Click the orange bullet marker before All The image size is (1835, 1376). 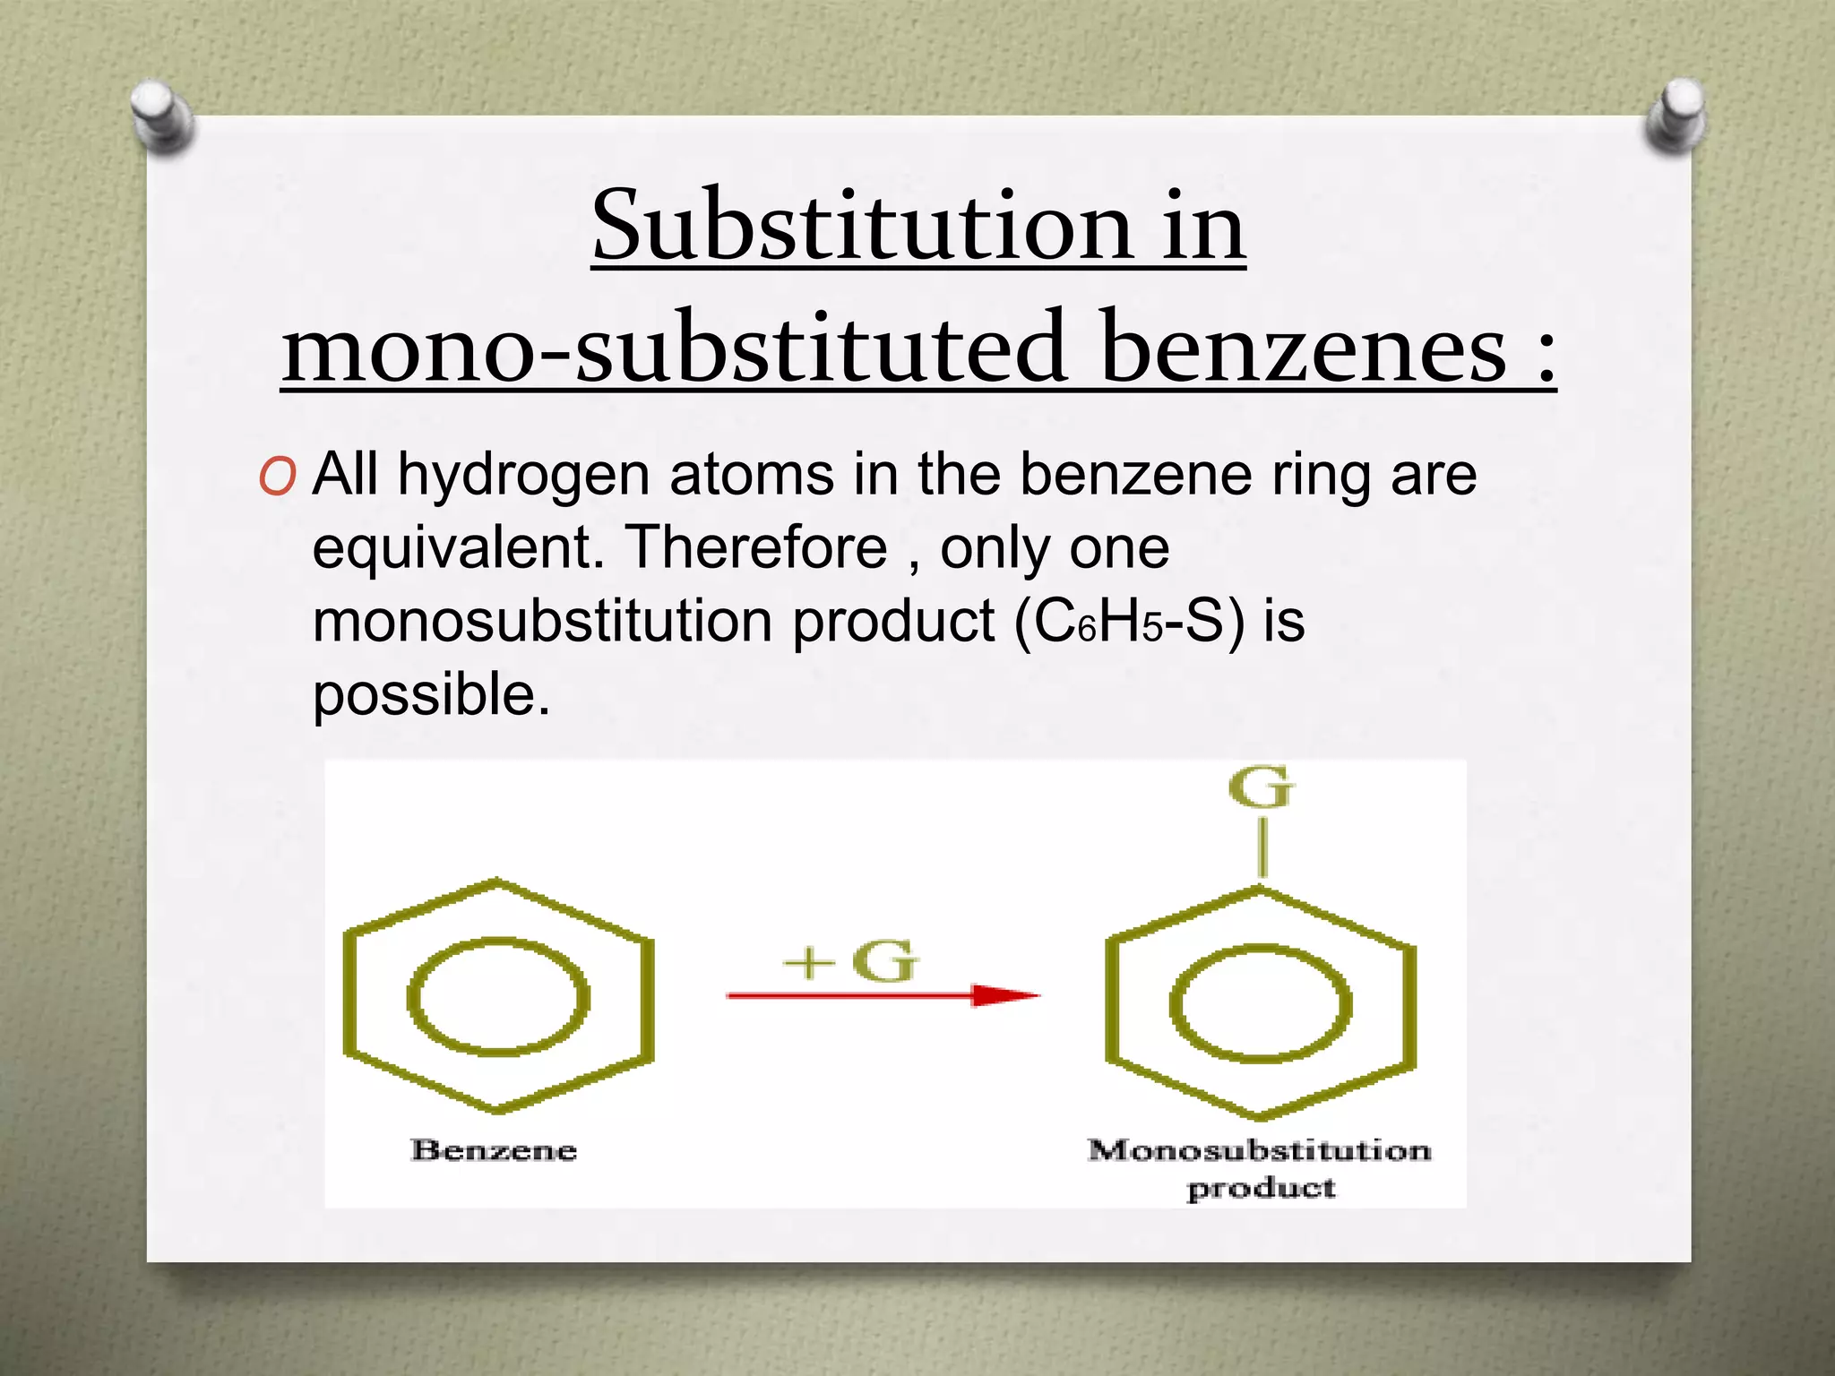click(277, 477)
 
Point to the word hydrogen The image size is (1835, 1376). click(523, 475)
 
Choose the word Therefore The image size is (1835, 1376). click(756, 548)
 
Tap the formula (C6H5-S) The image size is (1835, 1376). click(1129, 622)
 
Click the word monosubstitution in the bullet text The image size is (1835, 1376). click(542, 622)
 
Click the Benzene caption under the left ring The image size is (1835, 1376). click(494, 1150)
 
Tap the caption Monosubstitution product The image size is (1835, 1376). click(1260, 1167)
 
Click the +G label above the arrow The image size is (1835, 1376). click(850, 961)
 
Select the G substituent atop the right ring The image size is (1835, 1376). click(1261, 787)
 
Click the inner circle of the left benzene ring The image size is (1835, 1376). click(498, 996)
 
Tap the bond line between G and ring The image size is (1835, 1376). click(1262, 848)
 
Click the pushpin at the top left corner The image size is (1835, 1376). click(162, 117)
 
